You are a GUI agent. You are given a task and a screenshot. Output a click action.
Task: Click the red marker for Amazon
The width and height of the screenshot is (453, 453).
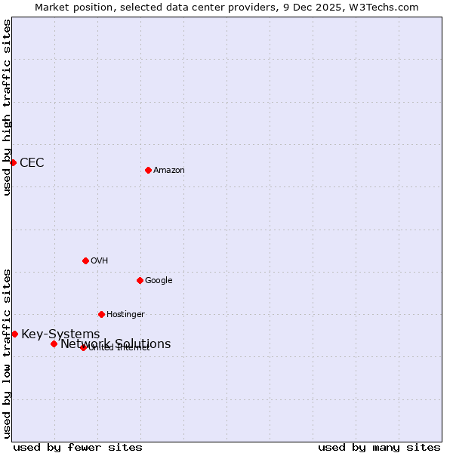tap(148, 170)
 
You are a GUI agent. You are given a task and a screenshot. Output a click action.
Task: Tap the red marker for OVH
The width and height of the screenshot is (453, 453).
tap(85, 260)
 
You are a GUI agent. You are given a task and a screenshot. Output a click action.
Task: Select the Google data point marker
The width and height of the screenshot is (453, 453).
tap(140, 280)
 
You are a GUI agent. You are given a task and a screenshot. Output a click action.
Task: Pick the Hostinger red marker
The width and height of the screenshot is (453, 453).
tap(101, 314)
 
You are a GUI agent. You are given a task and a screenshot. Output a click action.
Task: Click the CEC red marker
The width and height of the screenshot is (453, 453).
tap(13, 162)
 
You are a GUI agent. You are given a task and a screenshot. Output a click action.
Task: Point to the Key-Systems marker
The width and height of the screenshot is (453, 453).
tap(14, 334)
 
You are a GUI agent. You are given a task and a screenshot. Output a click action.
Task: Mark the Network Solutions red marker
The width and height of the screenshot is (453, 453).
tap(54, 344)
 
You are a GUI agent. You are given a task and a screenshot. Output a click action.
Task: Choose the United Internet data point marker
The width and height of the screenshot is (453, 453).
tap(83, 347)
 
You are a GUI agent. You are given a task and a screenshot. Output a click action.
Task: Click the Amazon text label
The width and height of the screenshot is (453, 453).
tap(169, 171)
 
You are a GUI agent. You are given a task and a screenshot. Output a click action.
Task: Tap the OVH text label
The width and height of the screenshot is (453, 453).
tap(100, 261)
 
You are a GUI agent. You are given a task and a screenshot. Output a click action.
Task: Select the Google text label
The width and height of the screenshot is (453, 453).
tap(159, 281)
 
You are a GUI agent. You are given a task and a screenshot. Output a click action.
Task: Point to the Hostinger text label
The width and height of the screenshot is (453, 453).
tap(125, 315)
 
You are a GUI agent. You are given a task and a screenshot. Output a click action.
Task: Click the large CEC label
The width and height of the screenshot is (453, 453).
tap(32, 163)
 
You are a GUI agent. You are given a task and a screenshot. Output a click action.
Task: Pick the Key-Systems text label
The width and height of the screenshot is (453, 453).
tap(60, 334)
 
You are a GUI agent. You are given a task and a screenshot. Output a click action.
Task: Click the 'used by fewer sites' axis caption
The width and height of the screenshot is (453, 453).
tap(78, 448)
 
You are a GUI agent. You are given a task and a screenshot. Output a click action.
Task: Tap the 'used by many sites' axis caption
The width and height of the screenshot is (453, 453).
tap(379, 448)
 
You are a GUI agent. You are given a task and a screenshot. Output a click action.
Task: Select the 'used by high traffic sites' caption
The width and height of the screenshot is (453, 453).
tap(7, 107)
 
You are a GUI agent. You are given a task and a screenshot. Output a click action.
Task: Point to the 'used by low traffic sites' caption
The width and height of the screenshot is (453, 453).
tap(7, 353)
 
